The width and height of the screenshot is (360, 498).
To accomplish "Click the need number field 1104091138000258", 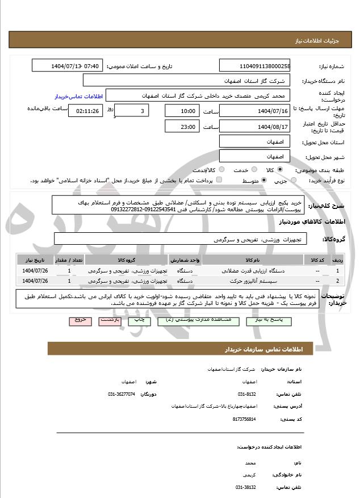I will [254, 66].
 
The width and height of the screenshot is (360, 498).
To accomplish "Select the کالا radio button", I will [279, 169].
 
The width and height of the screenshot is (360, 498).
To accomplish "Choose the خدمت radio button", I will [253, 169].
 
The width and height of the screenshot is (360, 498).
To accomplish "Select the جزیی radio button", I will [293, 181].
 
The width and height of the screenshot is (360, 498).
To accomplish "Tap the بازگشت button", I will [109, 320].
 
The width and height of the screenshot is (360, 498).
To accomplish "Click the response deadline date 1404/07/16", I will [254, 111].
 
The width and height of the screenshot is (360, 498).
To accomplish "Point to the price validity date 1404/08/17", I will [254, 126].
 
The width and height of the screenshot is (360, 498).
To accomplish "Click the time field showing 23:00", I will [182, 126].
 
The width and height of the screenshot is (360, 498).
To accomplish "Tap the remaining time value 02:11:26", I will [86, 111].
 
